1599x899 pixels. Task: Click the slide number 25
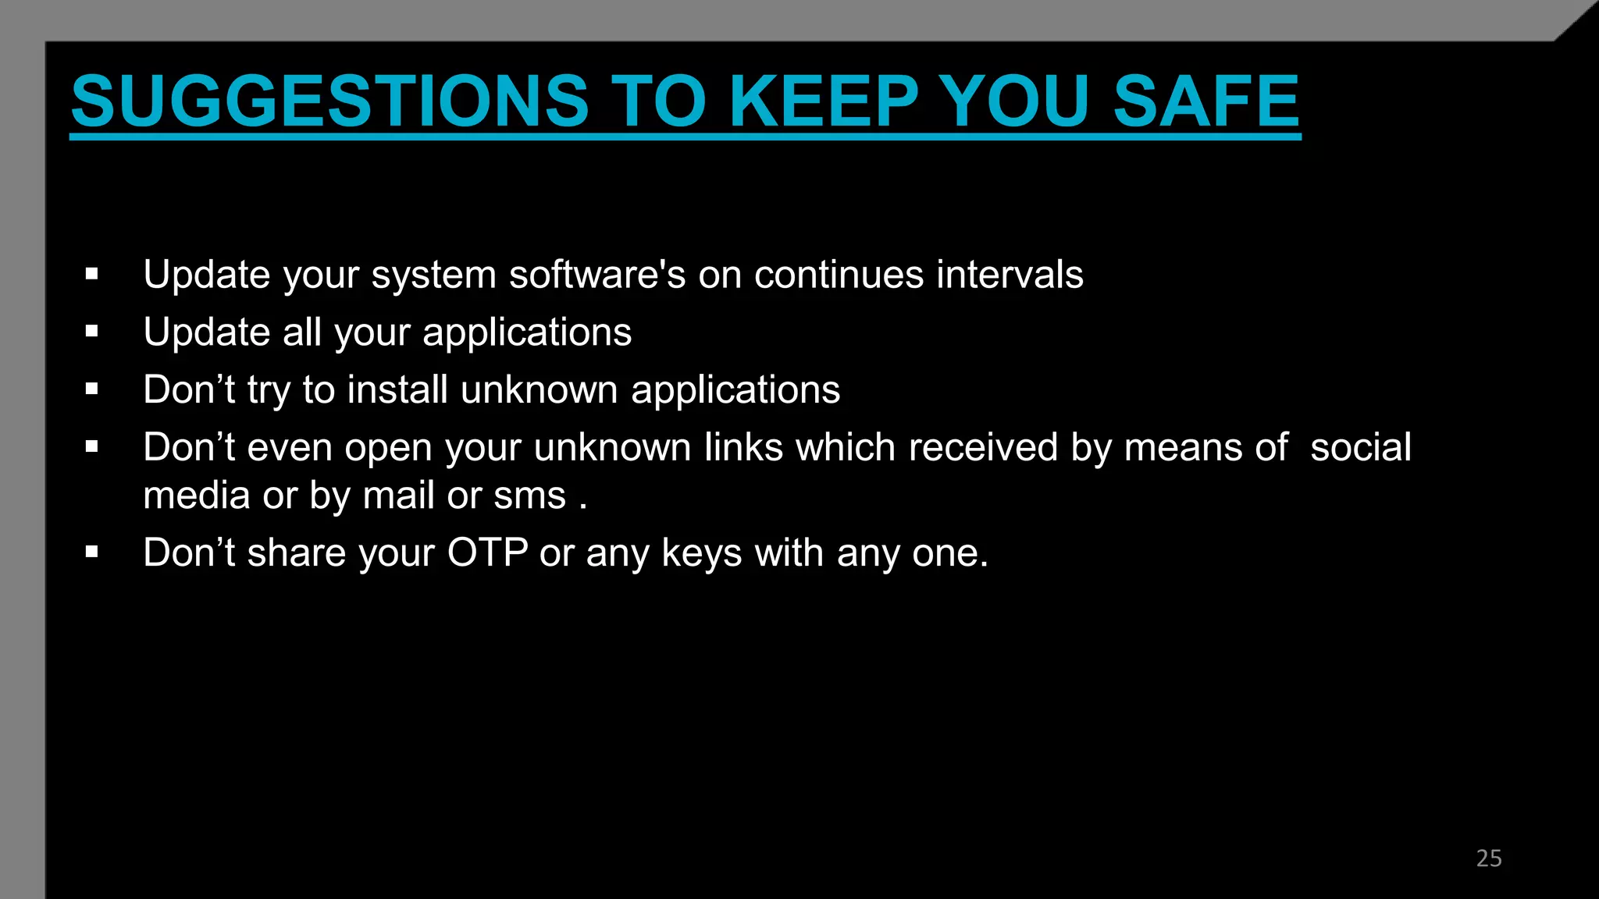pyautogui.click(x=1488, y=858)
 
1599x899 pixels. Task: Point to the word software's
pyautogui.click(x=597, y=275)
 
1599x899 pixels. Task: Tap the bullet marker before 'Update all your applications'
pyautogui.click(x=92, y=332)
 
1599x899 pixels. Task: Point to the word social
pyautogui.click(x=1360, y=447)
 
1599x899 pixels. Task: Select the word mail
pyautogui.click(x=398, y=496)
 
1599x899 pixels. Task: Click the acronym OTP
pyautogui.click(x=487, y=553)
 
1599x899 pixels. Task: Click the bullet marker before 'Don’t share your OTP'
pyautogui.click(x=92, y=553)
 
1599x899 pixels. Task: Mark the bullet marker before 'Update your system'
pyautogui.click(x=92, y=274)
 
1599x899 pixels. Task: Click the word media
pyautogui.click(x=196, y=496)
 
